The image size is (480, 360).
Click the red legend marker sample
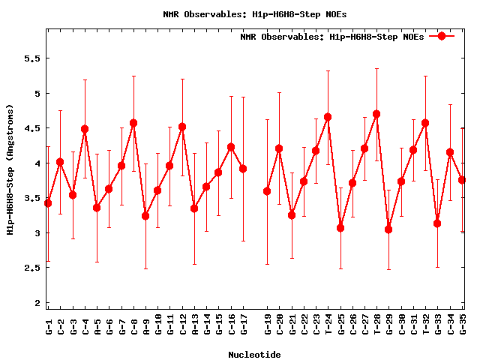click(442, 36)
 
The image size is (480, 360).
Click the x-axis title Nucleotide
click(255, 355)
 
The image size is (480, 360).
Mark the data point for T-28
click(376, 114)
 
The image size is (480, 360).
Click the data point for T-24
click(328, 117)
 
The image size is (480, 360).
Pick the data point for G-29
click(388, 229)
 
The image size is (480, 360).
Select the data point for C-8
click(133, 123)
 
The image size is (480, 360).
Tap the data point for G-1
click(48, 203)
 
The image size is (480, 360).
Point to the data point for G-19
click(267, 191)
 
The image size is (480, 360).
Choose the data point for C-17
click(243, 169)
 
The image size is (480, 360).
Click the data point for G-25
click(340, 228)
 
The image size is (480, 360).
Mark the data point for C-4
click(85, 129)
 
